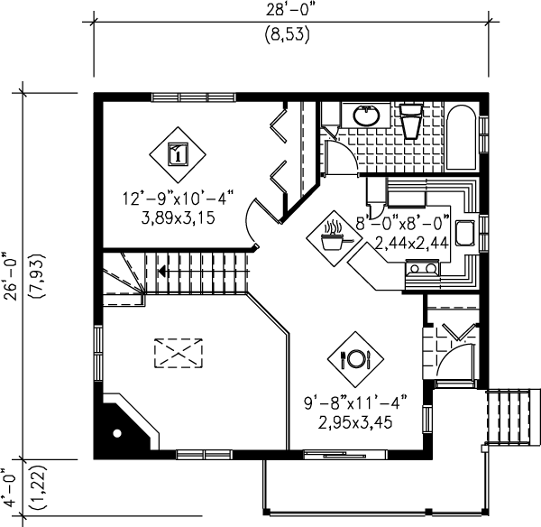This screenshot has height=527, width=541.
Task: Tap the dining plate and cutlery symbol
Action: [354, 358]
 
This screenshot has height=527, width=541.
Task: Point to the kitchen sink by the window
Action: [466, 232]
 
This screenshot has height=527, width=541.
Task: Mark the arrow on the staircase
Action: [162, 269]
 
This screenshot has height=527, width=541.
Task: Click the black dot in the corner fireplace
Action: [115, 434]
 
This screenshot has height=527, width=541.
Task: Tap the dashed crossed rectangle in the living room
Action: [178, 352]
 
